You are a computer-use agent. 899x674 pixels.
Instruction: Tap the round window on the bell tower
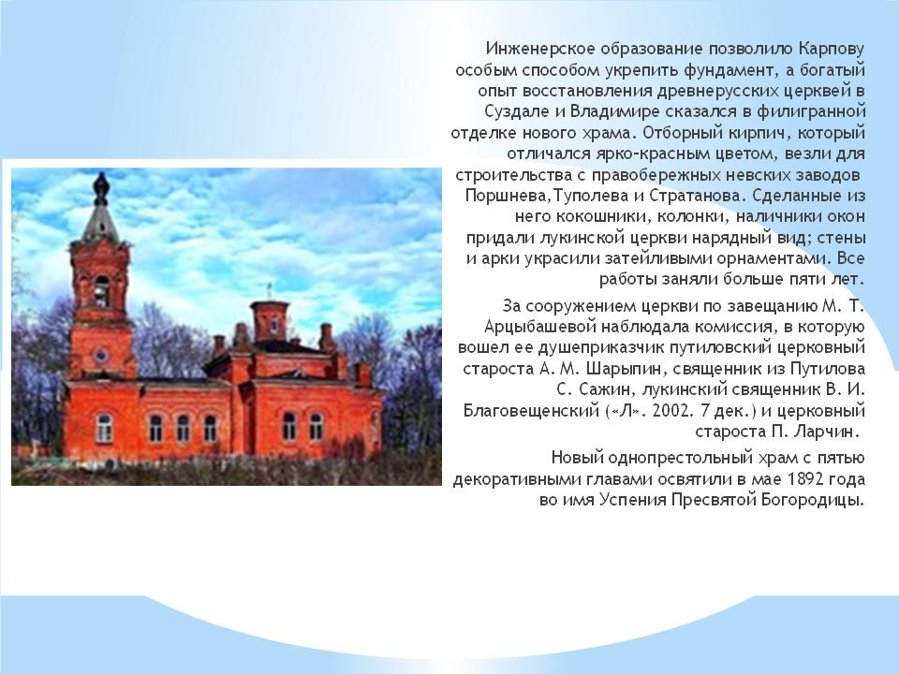[x=101, y=356]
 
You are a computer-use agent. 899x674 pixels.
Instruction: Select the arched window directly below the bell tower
[x=104, y=428]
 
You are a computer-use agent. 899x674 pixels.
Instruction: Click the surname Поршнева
[x=503, y=196]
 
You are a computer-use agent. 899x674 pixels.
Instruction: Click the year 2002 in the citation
[x=669, y=411]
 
